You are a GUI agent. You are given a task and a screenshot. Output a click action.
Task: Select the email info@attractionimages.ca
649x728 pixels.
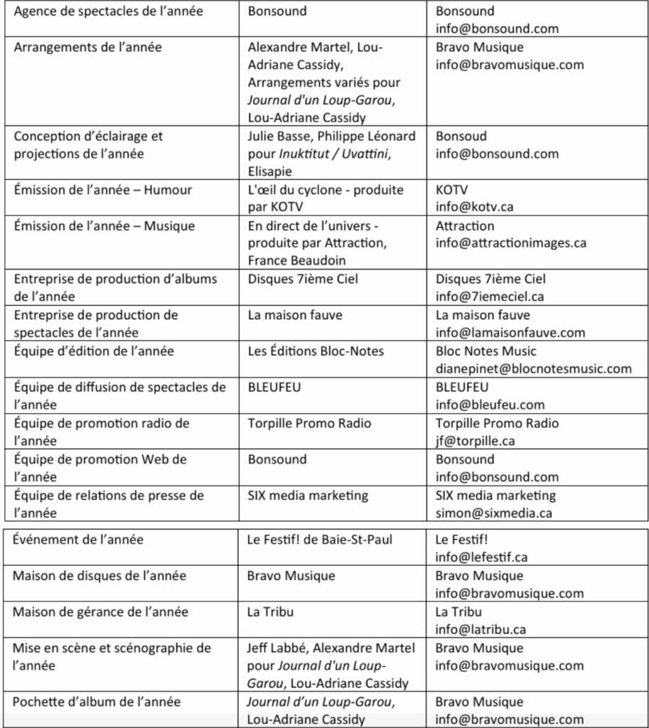510,243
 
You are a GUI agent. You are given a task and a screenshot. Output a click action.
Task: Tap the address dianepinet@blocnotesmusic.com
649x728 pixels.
533,368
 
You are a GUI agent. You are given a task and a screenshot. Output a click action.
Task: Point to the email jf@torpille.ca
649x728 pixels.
475,441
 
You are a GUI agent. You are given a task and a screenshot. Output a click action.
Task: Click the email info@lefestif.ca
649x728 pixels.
481,557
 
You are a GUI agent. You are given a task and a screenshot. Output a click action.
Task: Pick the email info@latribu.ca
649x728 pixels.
481,629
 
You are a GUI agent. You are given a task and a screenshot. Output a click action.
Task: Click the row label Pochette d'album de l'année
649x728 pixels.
96,702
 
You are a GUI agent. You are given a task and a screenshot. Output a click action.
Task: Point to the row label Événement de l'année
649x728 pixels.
77,540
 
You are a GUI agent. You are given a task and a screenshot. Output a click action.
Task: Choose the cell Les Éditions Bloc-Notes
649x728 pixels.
316,350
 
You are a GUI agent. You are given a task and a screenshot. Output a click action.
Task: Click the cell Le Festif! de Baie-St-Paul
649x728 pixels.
319,540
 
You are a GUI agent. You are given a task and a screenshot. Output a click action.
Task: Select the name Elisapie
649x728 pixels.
271,171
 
